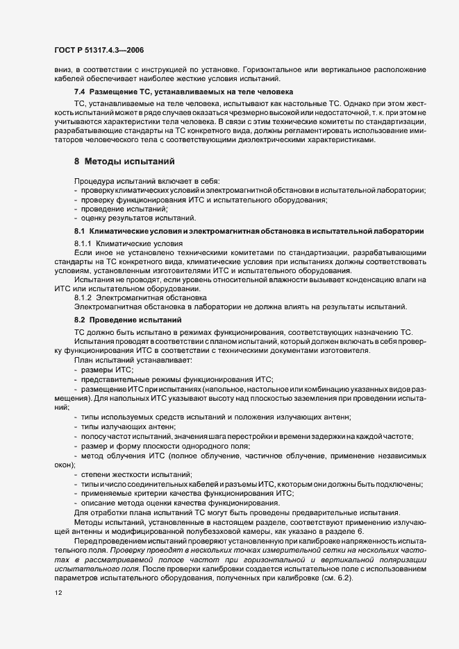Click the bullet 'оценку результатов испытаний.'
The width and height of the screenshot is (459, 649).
tap(128, 218)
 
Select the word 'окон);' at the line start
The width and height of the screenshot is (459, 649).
tap(65, 465)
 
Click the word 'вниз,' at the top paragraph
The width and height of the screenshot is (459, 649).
tap(65, 69)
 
